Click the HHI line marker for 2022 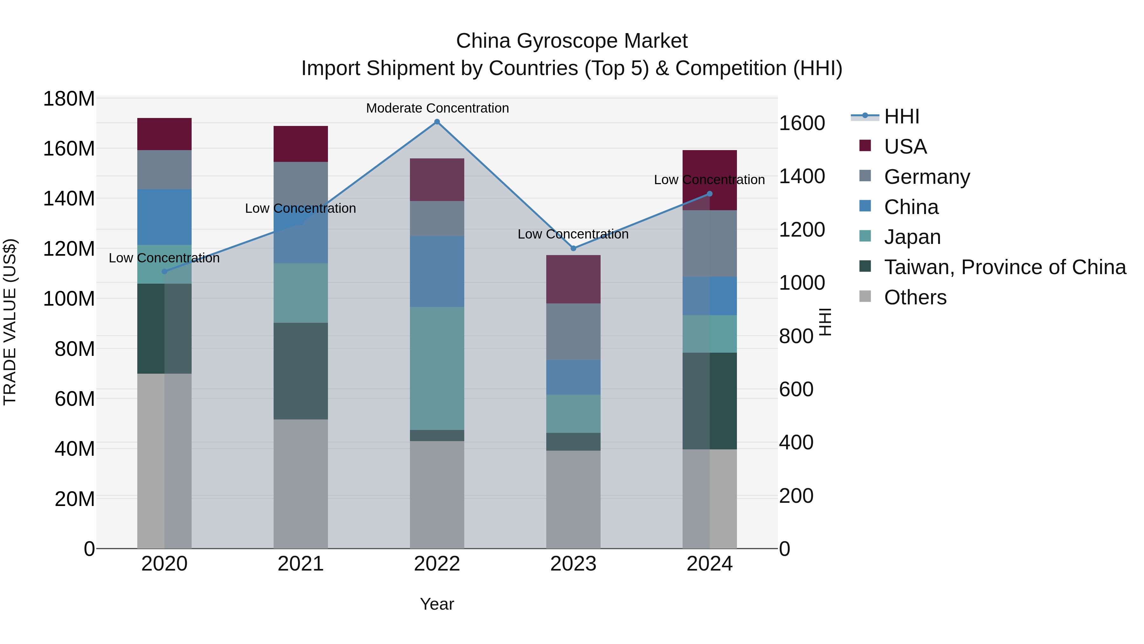coord(437,122)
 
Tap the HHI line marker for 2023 coord(573,248)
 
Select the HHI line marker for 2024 coord(709,194)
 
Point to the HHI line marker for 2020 coord(164,272)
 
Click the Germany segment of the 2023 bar coord(573,332)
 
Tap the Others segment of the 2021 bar coord(301,483)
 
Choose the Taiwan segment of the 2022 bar coord(437,436)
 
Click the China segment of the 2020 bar coord(164,217)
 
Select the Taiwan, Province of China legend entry coord(1004,267)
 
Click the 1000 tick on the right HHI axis coord(802,283)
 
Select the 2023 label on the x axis coord(573,564)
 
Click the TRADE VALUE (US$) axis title coord(10,322)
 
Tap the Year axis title coord(437,604)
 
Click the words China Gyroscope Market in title coord(572,41)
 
